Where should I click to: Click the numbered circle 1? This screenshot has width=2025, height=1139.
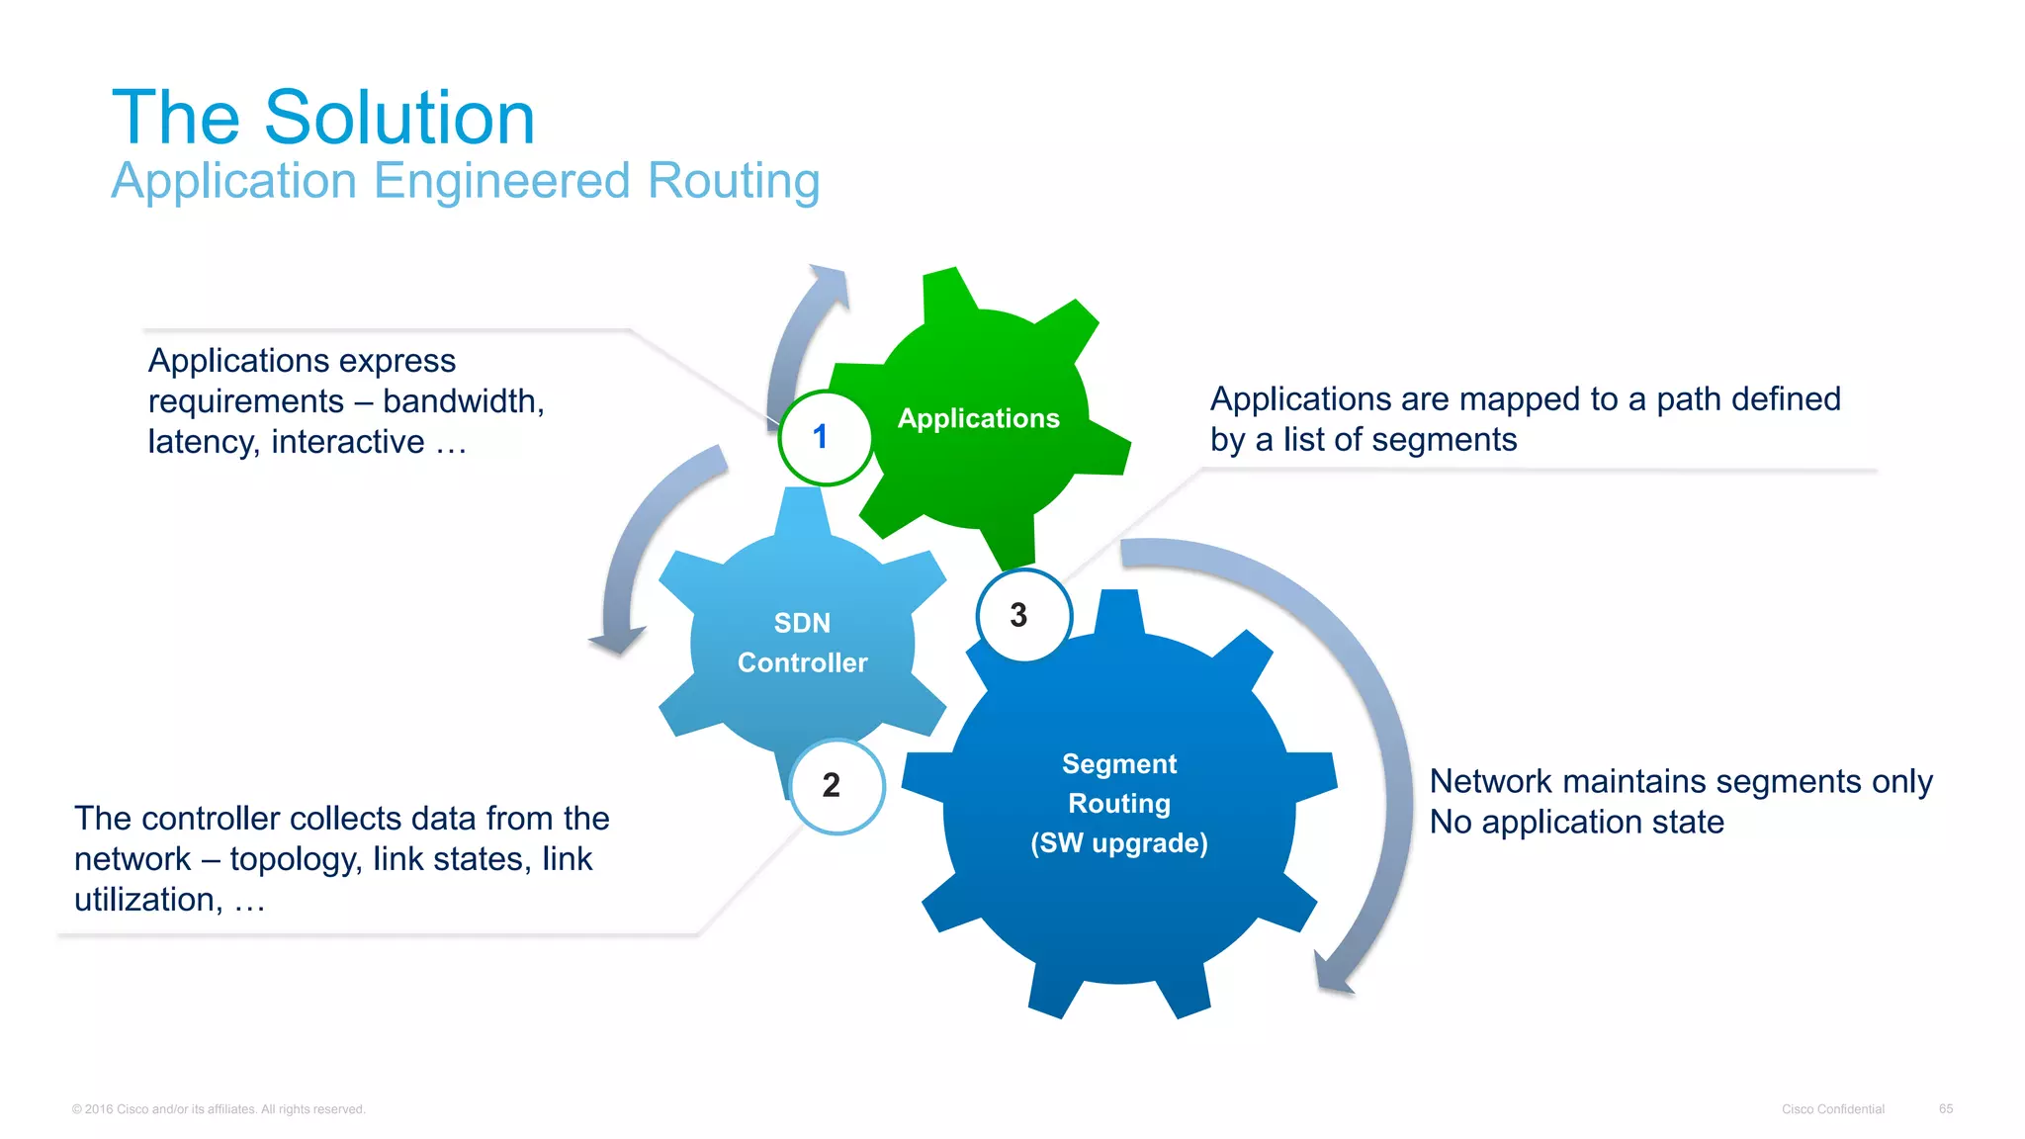824,438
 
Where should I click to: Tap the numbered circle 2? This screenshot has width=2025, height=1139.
836,786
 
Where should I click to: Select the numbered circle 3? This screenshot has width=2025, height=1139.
1022,616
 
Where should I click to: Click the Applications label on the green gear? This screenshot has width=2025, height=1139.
978,418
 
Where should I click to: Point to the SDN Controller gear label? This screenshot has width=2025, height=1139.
802,643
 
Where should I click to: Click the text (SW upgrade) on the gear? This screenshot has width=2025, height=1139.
1118,843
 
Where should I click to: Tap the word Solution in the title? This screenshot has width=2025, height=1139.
399,118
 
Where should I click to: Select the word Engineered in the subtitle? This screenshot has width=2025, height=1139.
501,181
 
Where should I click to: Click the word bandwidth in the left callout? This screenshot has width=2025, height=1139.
461,401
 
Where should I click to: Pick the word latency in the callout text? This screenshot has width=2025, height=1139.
203,442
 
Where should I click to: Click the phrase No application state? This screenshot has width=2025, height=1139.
1576,823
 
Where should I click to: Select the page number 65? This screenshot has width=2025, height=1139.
1945,1108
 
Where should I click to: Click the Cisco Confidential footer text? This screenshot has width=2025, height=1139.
1832,1109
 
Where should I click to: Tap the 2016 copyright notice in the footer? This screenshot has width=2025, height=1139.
219,1109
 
